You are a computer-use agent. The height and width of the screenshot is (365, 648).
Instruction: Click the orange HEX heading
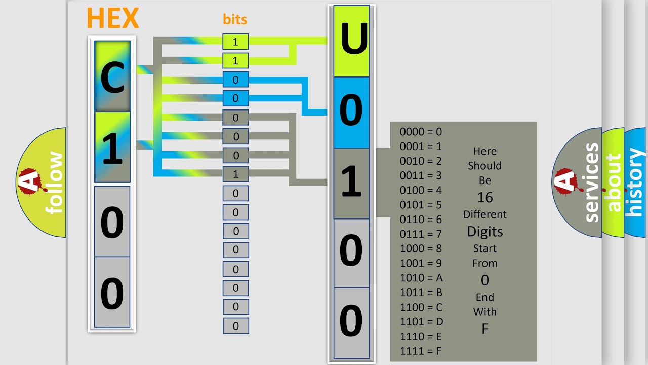112,18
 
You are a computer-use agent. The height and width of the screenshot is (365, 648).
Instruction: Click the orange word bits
235,19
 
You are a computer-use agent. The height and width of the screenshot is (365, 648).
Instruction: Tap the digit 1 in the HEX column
112,148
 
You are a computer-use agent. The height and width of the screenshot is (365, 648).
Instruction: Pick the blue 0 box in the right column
351,112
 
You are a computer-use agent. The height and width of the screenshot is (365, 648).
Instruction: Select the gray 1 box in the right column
351,183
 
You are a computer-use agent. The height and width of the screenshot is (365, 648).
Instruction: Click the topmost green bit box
235,42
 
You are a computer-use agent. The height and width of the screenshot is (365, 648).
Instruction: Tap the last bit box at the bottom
235,326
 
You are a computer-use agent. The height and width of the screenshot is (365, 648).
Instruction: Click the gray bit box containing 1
235,174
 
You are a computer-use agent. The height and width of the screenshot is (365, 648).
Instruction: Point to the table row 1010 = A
421,278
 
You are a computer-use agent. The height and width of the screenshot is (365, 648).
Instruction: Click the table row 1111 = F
421,351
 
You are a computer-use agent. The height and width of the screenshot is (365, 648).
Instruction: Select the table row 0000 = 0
421,132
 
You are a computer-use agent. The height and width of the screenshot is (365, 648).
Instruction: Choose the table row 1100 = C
421,307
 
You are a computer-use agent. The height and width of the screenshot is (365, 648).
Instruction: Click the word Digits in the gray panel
484,232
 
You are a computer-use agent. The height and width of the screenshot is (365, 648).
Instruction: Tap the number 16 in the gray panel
484,197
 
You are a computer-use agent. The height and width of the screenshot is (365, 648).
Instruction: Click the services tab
590,182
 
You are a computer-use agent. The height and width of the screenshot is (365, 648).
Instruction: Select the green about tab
614,182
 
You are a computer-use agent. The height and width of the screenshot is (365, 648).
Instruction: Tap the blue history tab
636,182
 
